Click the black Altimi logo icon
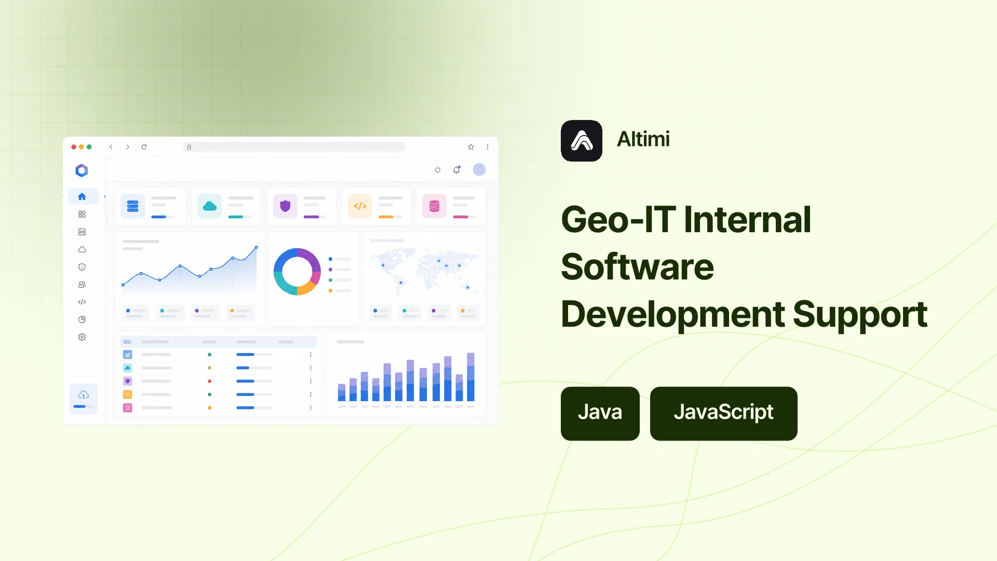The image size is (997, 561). coord(582,141)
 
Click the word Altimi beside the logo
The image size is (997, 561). coord(643,139)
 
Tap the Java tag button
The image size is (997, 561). coord(600,413)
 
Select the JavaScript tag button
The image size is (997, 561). coord(724,413)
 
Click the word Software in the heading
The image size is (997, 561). coord(638,266)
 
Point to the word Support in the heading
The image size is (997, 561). coord(860,315)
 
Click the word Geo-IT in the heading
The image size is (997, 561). coord(618,220)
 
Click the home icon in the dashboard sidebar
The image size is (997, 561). coord(82,196)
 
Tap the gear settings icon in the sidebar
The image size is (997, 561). coord(82,337)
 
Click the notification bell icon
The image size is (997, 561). coord(456,170)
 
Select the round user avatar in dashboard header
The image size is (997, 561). coord(479,169)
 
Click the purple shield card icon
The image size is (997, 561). coord(285,206)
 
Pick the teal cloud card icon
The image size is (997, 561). coord(210,206)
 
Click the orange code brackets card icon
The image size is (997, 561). coord(360,206)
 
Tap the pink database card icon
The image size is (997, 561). coord(435,206)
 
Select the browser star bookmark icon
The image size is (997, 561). coord(471,147)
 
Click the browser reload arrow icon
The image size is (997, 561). coord(144,147)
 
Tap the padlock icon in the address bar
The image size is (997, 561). coord(189,147)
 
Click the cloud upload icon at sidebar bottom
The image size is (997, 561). coord(84,395)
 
